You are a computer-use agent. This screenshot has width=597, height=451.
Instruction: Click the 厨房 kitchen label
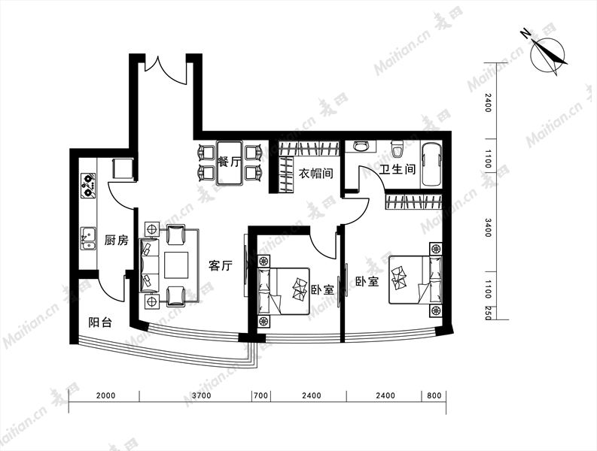click(116, 241)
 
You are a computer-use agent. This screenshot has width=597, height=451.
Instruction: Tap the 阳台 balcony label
click(100, 322)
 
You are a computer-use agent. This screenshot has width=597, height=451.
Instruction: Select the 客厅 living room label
click(220, 265)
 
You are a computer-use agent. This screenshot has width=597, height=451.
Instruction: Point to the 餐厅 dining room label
click(229, 162)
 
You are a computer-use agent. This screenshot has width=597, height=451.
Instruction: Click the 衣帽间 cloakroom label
click(315, 174)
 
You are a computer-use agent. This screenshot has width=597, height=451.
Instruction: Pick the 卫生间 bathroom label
click(397, 169)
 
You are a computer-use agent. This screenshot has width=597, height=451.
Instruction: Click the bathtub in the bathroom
click(431, 164)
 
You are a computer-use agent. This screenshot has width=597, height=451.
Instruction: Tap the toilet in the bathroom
click(397, 148)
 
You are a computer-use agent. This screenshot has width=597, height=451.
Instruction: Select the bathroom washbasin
click(361, 146)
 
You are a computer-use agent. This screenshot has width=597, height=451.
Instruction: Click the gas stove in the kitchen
click(88, 186)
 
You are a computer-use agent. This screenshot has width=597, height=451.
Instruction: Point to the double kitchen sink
click(88, 238)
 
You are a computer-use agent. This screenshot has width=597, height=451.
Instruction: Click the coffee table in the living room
click(176, 265)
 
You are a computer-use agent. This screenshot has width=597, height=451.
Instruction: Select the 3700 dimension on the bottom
click(202, 395)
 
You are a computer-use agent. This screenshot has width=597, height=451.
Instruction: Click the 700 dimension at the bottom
click(260, 395)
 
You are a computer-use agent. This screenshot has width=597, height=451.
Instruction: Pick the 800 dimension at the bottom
click(434, 395)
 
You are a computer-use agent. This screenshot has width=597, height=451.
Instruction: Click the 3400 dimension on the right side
click(488, 228)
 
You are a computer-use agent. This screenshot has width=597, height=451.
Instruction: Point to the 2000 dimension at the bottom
click(105, 395)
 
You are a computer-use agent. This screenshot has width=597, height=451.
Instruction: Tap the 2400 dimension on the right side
click(488, 103)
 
